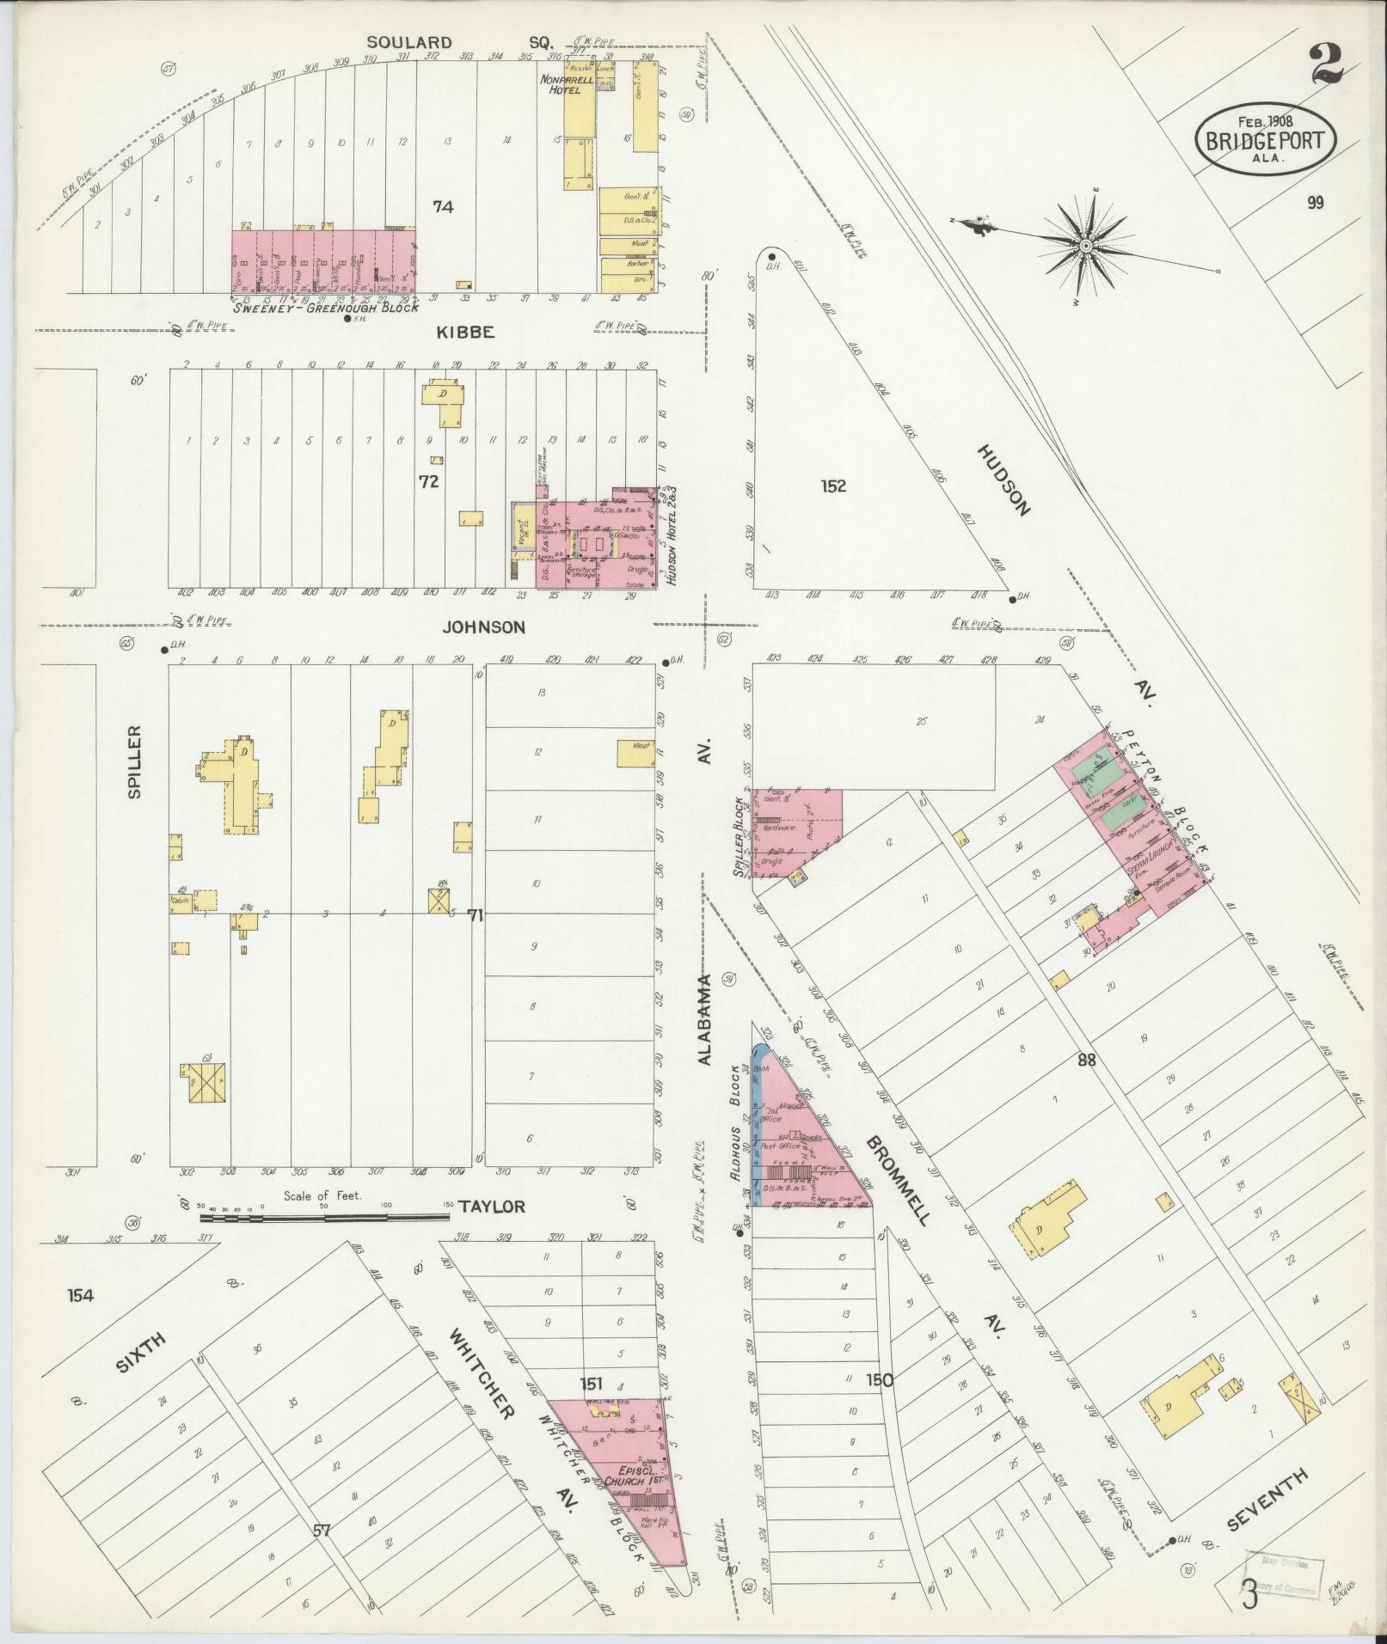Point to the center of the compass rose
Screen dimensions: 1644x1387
(1086, 247)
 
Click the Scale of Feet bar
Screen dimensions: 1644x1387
(325, 1217)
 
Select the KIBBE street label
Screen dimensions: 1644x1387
(463, 333)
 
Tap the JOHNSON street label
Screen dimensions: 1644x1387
(483, 627)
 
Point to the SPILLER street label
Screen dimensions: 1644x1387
(135, 761)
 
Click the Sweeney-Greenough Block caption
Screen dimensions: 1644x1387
(325, 307)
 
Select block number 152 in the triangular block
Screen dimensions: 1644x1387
(833, 486)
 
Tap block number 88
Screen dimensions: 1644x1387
(1086, 1060)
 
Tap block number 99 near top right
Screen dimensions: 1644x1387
(1314, 203)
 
